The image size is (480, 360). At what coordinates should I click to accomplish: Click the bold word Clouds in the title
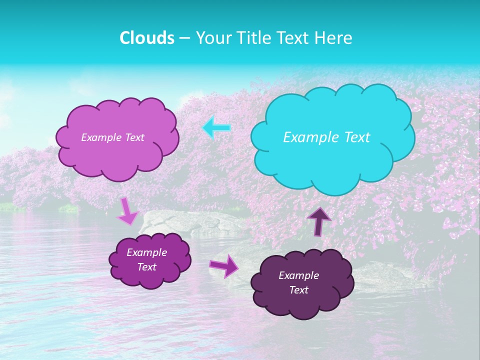point(147,38)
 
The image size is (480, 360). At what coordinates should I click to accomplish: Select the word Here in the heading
point(335,38)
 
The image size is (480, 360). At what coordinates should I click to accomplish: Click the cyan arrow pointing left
point(216,128)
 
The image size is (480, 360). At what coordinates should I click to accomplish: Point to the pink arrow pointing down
point(127,211)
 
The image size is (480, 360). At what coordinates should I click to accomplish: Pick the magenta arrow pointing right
point(223,265)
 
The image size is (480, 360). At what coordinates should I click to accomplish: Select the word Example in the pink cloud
point(101,137)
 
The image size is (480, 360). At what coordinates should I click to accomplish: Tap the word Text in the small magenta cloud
point(147,267)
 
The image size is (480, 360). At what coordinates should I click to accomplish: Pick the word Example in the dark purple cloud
point(299,275)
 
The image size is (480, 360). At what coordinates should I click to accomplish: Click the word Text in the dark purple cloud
point(299,290)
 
